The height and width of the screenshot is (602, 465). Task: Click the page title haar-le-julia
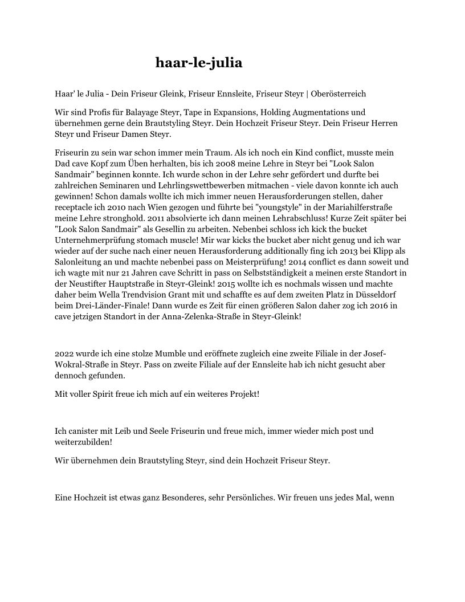click(x=198, y=63)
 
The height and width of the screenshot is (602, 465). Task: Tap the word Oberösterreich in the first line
click(x=337, y=93)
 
